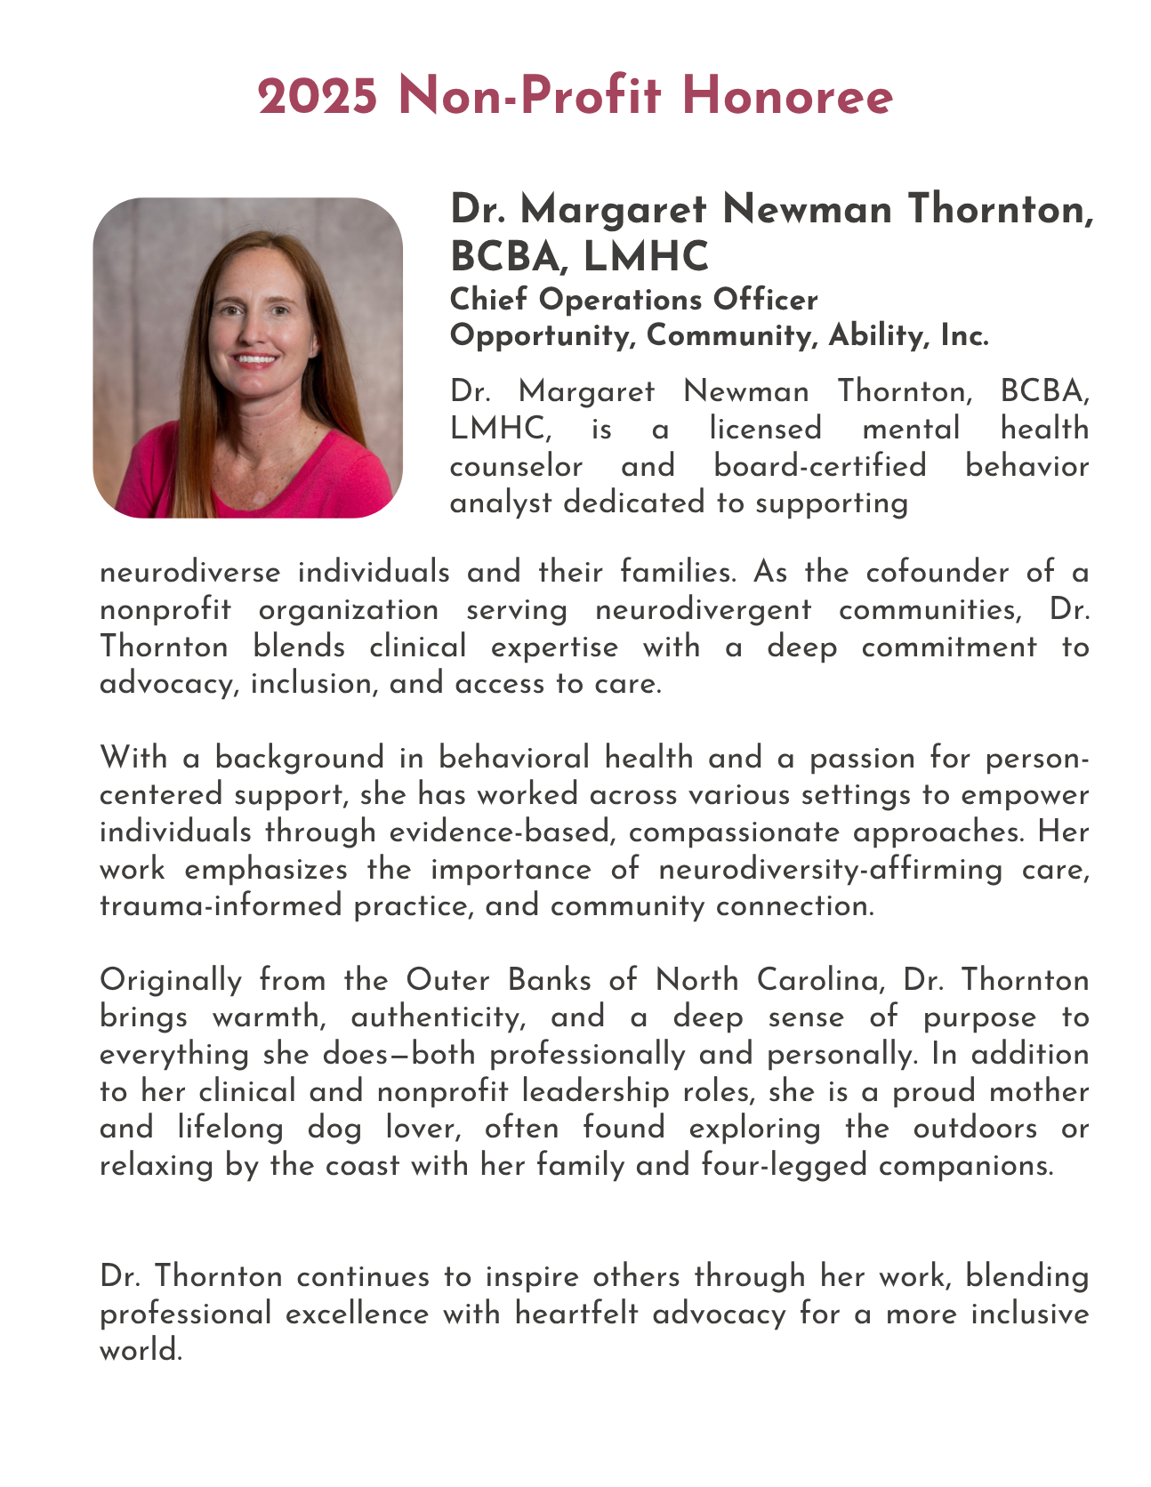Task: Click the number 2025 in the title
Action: [318, 96]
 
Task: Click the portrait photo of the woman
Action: [247, 358]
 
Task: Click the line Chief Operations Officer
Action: [633, 300]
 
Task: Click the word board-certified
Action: [819, 465]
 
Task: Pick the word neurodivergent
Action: [703, 609]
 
